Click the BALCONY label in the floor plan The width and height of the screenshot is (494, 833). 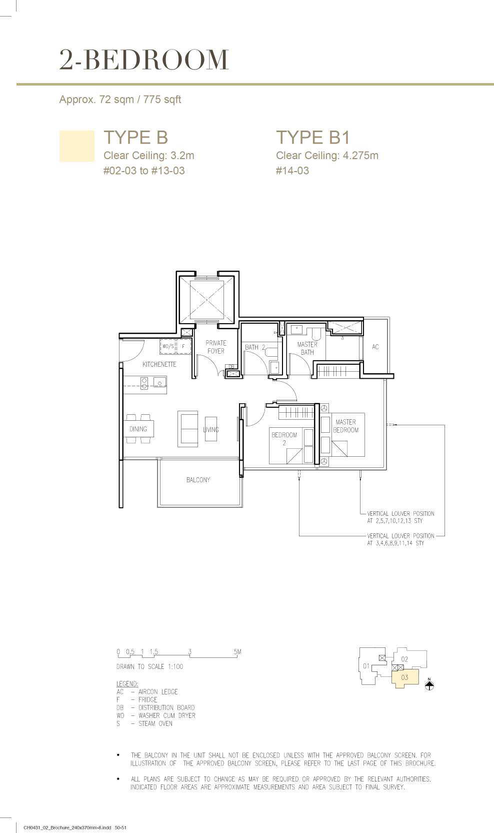tap(198, 480)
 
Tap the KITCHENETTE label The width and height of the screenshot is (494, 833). tap(159, 364)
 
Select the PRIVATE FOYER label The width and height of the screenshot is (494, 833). tap(215, 347)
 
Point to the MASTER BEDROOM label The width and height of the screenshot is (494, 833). tap(345, 426)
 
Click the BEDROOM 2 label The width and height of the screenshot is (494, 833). tap(284, 439)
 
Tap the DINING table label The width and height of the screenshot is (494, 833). tap(138, 429)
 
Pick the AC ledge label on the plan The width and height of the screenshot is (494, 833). tap(375, 347)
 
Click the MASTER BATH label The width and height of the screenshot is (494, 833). tap(307, 348)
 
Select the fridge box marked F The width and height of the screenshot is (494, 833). tap(183, 346)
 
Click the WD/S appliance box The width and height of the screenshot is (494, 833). tap(168, 346)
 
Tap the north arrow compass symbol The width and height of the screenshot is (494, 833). tap(429, 684)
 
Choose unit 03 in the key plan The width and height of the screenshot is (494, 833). tap(405, 677)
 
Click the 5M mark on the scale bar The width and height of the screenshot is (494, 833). tap(237, 651)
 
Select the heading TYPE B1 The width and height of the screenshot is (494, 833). tap(313, 137)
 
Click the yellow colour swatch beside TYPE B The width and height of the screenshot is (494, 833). tap(77, 146)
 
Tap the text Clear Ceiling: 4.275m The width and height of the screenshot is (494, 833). tap(327, 156)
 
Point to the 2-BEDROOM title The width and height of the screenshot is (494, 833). tap(144, 60)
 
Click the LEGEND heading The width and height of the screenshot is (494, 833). tap(127, 684)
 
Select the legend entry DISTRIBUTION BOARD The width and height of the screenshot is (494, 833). tap(166, 707)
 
